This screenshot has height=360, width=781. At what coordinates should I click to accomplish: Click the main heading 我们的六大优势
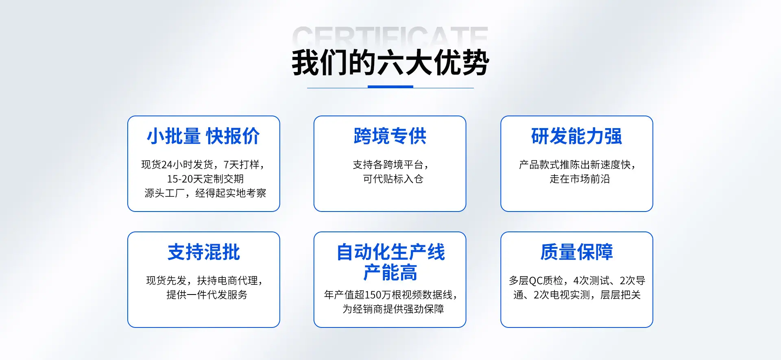pyautogui.click(x=390, y=62)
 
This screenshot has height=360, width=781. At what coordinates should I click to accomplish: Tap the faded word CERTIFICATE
pyautogui.click(x=390, y=36)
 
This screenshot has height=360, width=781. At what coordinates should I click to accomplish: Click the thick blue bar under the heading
pyautogui.click(x=390, y=87)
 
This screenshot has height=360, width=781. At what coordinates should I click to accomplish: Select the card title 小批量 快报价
pyautogui.click(x=203, y=136)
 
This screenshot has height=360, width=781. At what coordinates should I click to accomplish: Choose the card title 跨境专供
pyautogui.click(x=390, y=136)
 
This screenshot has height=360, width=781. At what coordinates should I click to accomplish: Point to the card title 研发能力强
pyautogui.click(x=576, y=136)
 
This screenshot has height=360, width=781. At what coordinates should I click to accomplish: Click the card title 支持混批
pyautogui.click(x=204, y=252)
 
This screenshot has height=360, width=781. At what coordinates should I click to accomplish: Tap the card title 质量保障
pyautogui.click(x=576, y=252)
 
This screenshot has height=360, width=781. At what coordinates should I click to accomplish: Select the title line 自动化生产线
pyautogui.click(x=390, y=252)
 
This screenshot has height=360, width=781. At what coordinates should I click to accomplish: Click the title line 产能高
pyautogui.click(x=390, y=273)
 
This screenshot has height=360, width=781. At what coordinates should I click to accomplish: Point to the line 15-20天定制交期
pyautogui.click(x=205, y=179)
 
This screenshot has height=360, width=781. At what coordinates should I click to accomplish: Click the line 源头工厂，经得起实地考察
pyautogui.click(x=205, y=193)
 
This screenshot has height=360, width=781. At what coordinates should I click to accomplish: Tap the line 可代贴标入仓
pyautogui.click(x=393, y=179)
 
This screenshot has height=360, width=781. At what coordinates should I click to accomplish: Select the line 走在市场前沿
pyautogui.click(x=580, y=179)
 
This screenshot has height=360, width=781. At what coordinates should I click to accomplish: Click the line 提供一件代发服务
pyautogui.click(x=207, y=295)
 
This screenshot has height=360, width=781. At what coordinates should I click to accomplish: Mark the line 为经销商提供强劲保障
pyautogui.click(x=393, y=309)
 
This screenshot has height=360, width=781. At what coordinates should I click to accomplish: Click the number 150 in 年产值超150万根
pyautogui.click(x=373, y=295)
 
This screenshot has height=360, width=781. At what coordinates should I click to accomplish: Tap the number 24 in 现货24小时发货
pyautogui.click(x=167, y=165)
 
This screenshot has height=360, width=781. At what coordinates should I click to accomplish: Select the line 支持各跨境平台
pyautogui.click(x=390, y=165)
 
